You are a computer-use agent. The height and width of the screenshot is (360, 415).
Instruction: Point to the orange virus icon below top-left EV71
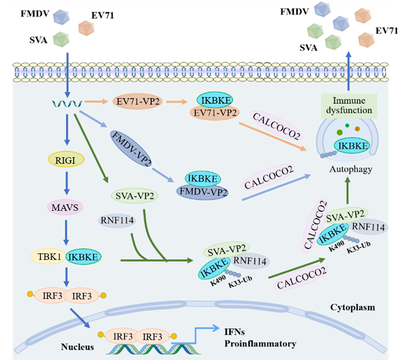pos(88,26)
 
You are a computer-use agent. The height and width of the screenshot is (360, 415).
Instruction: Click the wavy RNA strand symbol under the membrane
pos(66,105)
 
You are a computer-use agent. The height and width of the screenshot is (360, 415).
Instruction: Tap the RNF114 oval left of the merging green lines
pos(116,221)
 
